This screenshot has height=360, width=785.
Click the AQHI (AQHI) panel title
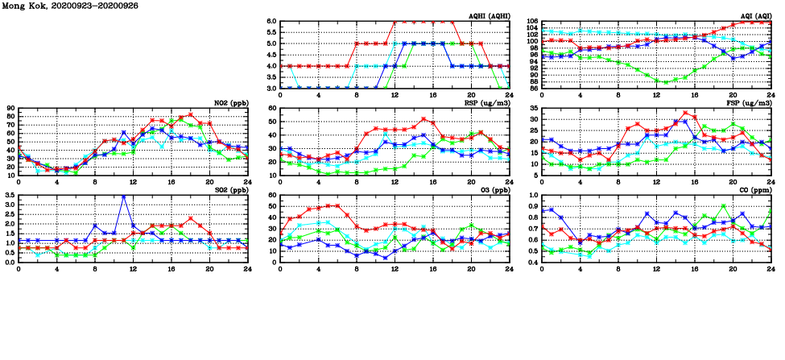(x=490, y=15)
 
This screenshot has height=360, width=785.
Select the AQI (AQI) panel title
(x=756, y=15)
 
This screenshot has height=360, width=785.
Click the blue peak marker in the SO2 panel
(x=123, y=196)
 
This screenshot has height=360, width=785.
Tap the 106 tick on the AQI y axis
(x=533, y=22)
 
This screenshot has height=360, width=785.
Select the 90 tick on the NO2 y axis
(x=10, y=109)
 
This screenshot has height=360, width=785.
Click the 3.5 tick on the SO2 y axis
(x=9, y=196)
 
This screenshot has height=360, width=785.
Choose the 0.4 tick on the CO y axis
(x=533, y=263)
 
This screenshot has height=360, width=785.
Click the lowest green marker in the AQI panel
(x=665, y=82)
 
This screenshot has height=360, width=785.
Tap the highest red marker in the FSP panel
(x=685, y=113)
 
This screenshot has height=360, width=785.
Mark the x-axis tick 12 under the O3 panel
(x=395, y=269)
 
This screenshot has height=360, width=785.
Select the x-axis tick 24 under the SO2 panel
(x=247, y=269)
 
